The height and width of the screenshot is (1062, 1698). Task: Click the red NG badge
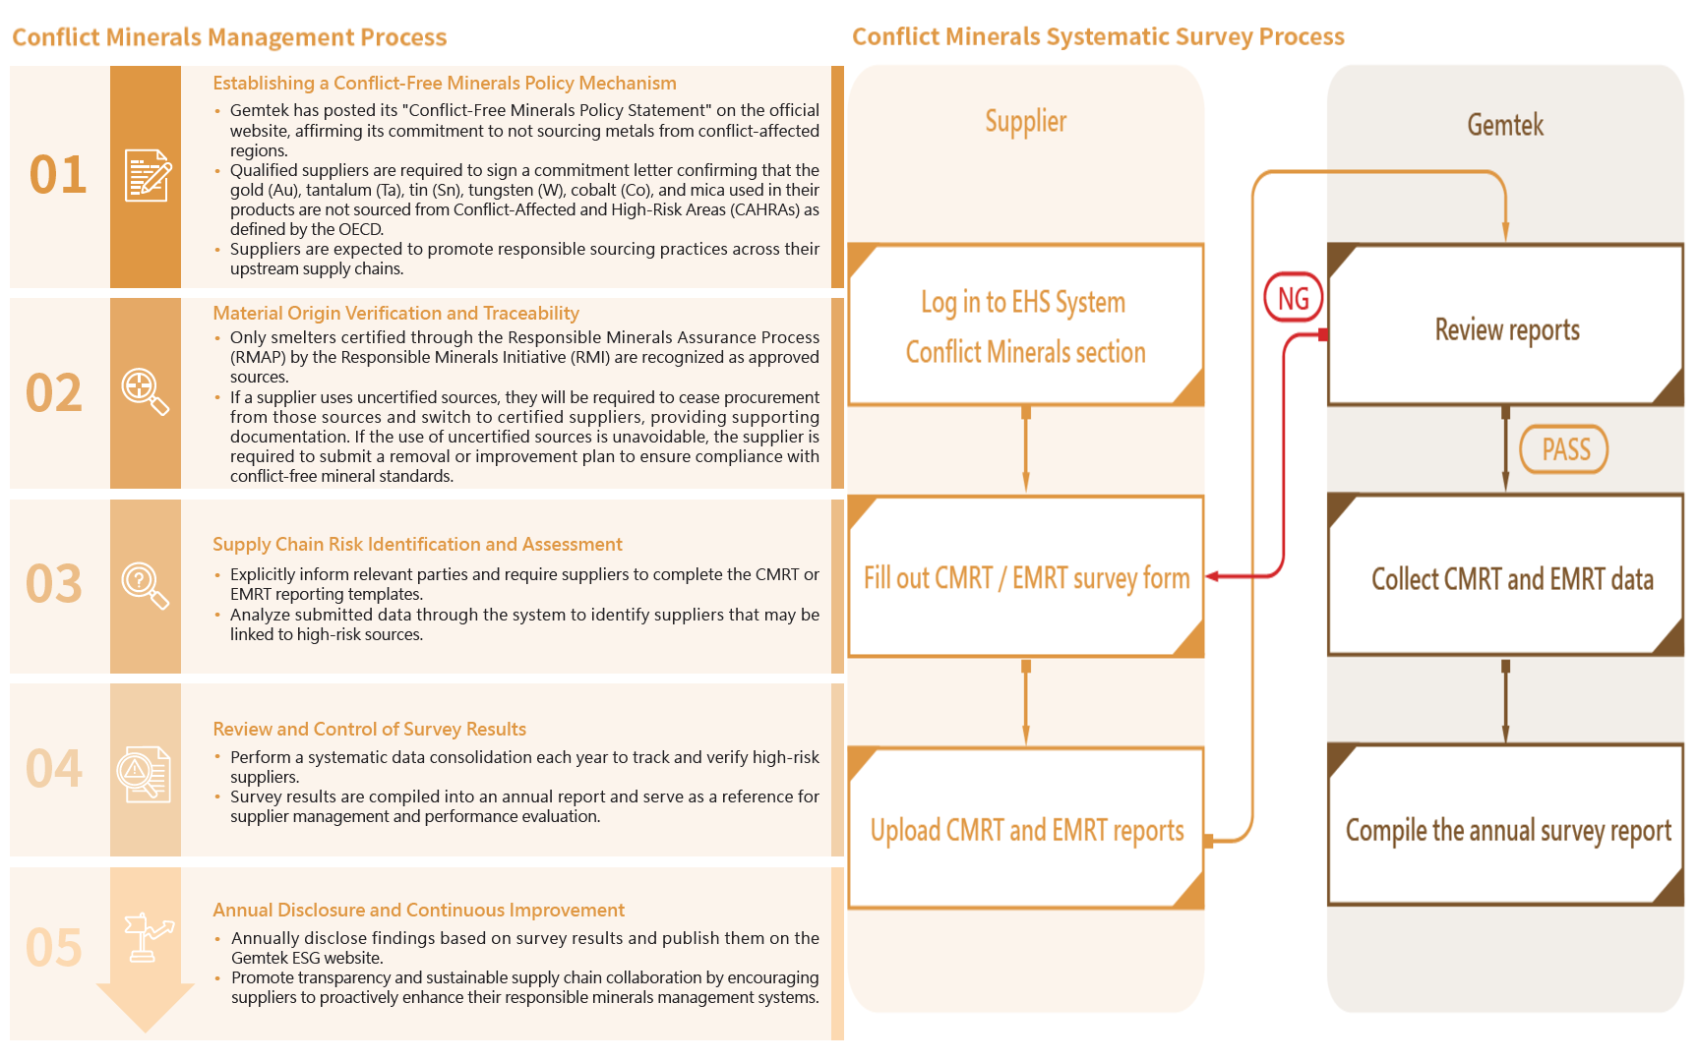click(x=1293, y=299)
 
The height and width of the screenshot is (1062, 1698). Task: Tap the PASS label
click(x=1564, y=449)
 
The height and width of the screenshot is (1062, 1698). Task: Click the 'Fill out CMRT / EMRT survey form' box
click(x=1026, y=577)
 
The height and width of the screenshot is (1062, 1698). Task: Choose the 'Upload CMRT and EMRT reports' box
click(x=1026, y=829)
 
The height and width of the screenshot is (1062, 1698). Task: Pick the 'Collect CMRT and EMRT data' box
click(x=1506, y=578)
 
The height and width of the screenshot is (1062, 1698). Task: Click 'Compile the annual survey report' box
click(x=1506, y=829)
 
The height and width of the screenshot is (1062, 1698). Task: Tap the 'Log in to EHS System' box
click(x=1026, y=325)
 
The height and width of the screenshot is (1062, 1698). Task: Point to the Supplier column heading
click(x=1026, y=122)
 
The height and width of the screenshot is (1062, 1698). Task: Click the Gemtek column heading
click(x=1505, y=125)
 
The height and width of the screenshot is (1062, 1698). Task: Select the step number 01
click(x=58, y=175)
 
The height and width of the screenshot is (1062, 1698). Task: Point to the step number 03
click(x=54, y=584)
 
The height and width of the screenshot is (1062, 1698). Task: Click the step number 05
click(x=54, y=948)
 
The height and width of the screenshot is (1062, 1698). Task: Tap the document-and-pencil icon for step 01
click(x=148, y=176)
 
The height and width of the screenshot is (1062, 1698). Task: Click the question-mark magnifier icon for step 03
click(x=145, y=585)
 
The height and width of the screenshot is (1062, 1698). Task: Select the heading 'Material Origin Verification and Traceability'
click(x=395, y=314)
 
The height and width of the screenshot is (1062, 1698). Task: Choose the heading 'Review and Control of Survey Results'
click(x=369, y=730)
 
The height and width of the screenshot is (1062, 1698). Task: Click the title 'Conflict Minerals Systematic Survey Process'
click(x=1098, y=37)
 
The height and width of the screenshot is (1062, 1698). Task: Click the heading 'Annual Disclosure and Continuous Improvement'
click(x=418, y=911)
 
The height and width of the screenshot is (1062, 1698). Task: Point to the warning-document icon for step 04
click(x=145, y=774)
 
